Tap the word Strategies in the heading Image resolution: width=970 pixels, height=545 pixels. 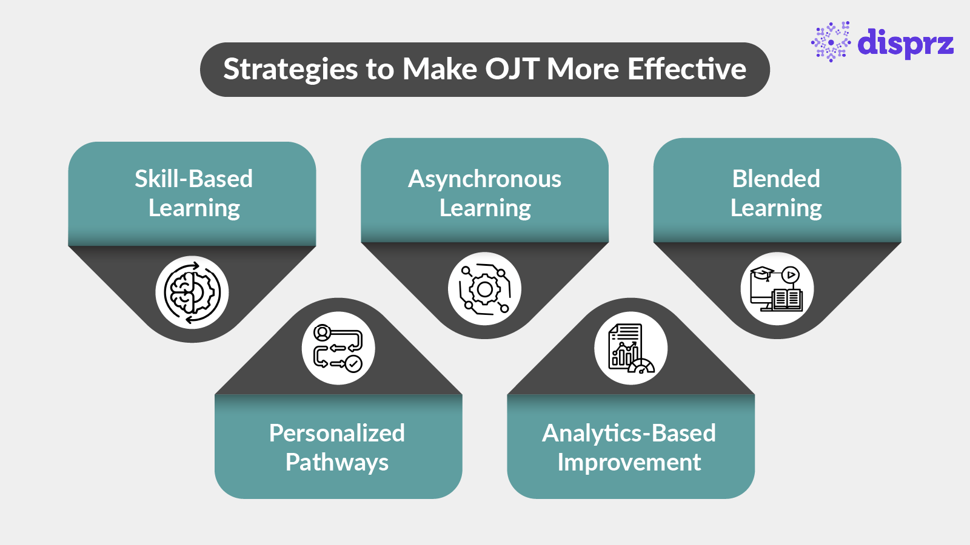click(290, 69)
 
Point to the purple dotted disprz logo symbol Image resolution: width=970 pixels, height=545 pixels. click(831, 42)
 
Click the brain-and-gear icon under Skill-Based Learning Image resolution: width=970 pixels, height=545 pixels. click(192, 292)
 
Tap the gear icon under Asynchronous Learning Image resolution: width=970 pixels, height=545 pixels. click(484, 289)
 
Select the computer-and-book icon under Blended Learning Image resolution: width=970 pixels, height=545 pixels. click(777, 289)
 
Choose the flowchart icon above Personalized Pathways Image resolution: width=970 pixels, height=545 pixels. click(338, 348)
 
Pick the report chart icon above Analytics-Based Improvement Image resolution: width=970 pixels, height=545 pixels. click(630, 349)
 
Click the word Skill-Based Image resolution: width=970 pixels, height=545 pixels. click(193, 179)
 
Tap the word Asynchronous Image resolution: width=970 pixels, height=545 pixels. click(484, 179)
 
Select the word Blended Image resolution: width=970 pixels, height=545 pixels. click(776, 179)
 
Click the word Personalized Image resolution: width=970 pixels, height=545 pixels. click(336, 433)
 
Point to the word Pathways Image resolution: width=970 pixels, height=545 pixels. click(336, 463)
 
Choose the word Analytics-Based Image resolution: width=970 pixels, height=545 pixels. click(629, 433)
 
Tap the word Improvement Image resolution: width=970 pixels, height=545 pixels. click(629, 463)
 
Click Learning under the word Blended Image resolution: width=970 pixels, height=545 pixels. click(776, 208)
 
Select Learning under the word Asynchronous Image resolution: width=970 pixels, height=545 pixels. click(485, 208)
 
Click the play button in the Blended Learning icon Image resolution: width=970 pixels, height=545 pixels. click(790, 274)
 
